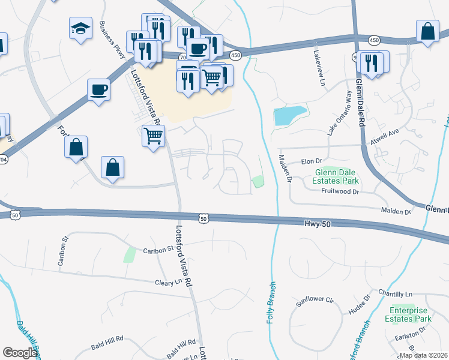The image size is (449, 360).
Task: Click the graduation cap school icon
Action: click(x=80, y=29)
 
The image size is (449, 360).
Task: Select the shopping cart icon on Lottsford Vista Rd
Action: click(x=153, y=137)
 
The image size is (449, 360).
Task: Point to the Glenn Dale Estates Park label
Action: click(x=337, y=176)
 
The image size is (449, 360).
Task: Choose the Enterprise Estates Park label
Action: click(x=410, y=314)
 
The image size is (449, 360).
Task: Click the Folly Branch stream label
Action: click(x=271, y=303)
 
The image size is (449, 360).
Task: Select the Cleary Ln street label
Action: click(x=168, y=283)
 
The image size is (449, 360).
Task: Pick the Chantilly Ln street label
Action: click(x=396, y=293)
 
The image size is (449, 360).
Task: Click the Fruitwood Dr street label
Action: click(x=339, y=192)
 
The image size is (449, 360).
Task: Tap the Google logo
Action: click(x=20, y=353)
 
